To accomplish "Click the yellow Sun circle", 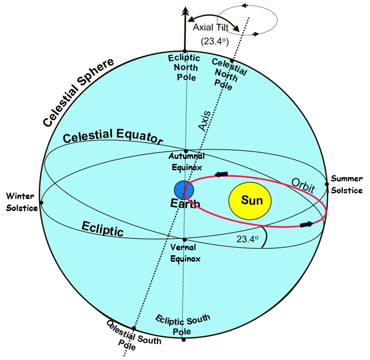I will click(249, 201).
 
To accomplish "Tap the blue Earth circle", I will click(184, 190).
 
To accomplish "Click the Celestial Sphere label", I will click(79, 91).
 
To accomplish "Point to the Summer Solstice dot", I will click(327, 184).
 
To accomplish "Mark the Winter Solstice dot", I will click(41, 202).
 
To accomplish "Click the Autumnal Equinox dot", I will click(185, 151).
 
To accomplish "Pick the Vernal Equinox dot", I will click(184, 239).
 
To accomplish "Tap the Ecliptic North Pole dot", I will click(185, 51).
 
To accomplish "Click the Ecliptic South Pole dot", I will click(184, 339).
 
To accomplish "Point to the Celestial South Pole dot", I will click(133, 329).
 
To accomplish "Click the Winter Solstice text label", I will click(22, 202).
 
